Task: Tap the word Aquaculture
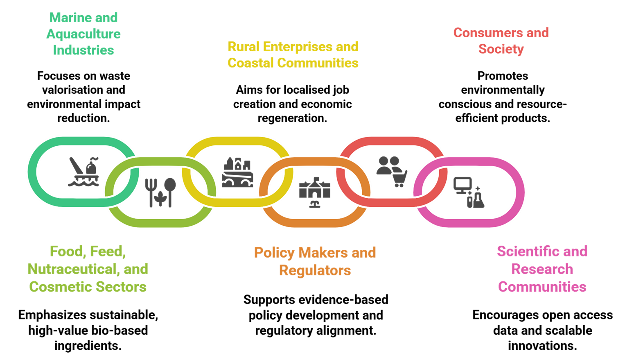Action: [83, 34]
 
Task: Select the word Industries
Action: [83, 50]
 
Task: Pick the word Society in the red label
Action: [501, 49]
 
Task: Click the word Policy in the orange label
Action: [274, 253]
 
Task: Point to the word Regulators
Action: [315, 270]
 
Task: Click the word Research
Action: [542, 269]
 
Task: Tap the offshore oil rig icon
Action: [84, 172]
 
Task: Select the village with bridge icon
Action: [237, 172]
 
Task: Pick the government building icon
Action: [314, 192]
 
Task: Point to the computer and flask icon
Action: [469, 192]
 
